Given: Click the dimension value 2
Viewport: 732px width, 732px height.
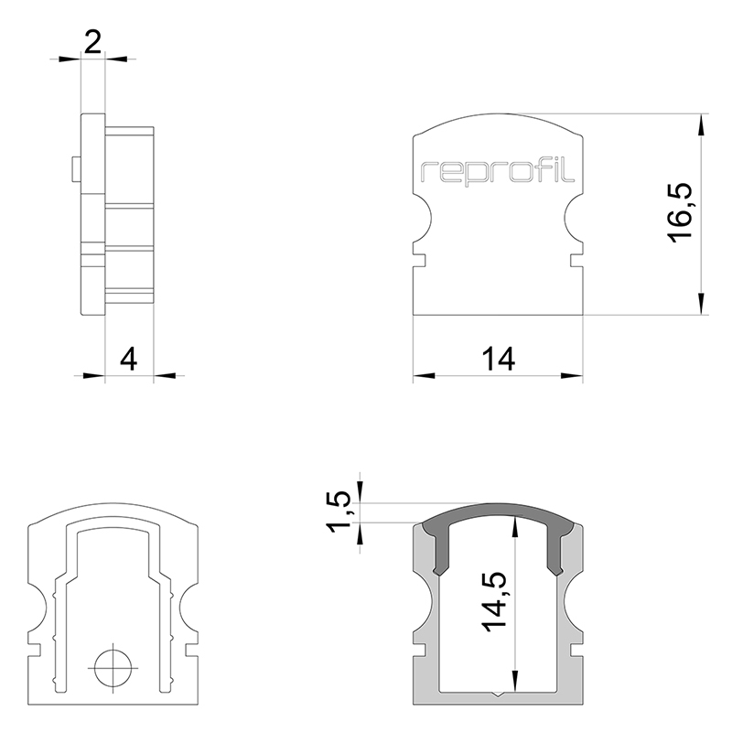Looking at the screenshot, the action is click(x=93, y=42).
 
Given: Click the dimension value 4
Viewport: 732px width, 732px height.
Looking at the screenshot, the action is click(x=129, y=360).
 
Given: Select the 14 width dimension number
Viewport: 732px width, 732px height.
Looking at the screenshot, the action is click(x=498, y=360).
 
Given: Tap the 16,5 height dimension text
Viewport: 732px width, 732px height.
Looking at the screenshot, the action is click(x=679, y=213).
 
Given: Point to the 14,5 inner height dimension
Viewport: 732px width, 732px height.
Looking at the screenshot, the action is click(x=494, y=602).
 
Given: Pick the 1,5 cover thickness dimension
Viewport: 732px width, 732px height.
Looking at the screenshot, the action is click(x=338, y=512).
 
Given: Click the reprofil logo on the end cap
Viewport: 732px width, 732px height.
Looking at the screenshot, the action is click(x=498, y=174).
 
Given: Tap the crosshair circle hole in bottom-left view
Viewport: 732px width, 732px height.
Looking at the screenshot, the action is click(x=113, y=668).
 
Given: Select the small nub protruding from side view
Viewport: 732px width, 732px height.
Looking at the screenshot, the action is click(x=76, y=169).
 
